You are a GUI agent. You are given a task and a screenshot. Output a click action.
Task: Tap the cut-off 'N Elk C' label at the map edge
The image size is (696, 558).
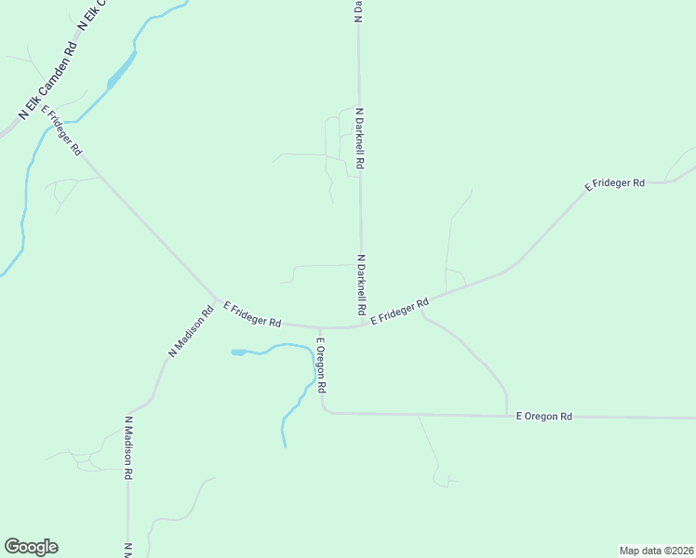tap(93, 15)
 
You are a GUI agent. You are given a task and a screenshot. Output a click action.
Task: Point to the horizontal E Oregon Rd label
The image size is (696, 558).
tap(544, 417)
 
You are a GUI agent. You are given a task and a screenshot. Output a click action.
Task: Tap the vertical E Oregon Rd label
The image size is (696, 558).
tap(320, 365)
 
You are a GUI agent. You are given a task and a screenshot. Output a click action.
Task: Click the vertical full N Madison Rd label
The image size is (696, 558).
tap(128, 447)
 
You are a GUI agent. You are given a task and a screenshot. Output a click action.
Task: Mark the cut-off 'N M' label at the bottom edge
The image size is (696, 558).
tap(127, 550)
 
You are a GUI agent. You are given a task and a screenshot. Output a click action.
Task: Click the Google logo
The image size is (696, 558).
tap(31, 547)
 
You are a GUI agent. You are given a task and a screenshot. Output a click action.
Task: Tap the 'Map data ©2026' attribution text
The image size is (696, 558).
tap(656, 550)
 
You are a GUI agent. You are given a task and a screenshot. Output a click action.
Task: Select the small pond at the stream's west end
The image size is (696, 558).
tap(239, 352)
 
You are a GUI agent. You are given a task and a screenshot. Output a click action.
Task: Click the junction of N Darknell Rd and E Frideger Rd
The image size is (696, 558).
tap(362, 325)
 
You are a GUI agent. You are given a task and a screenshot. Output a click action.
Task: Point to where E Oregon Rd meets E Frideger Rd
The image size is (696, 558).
tap(319, 327)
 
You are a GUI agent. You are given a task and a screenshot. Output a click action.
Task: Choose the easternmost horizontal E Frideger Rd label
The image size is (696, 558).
tap(614, 184)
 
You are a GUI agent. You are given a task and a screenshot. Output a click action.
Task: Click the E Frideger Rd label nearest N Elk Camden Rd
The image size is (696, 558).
tap(63, 133)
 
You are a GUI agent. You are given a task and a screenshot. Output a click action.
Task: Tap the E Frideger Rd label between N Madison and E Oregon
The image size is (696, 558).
tap(252, 315)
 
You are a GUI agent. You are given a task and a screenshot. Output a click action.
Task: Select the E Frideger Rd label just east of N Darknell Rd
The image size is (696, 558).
tap(399, 312)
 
